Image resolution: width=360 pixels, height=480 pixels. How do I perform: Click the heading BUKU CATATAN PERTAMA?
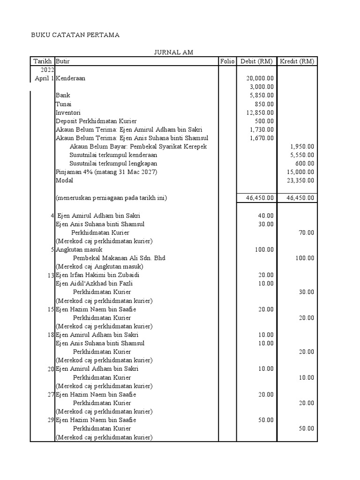point(75,35)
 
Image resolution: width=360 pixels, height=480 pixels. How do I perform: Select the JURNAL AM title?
point(174,52)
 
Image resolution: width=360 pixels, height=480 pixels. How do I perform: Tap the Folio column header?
point(227,61)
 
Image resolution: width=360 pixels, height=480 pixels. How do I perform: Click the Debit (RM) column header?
point(256,61)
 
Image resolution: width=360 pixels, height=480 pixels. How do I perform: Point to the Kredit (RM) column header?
point(297,61)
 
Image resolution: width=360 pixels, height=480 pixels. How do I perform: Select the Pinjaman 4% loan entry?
point(106,172)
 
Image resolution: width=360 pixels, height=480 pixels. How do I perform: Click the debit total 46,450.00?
point(260,198)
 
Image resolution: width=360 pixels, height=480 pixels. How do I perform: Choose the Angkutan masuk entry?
point(79,250)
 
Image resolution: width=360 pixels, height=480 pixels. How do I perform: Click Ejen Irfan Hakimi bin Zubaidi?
point(97,275)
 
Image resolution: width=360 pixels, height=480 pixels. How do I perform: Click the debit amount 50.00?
point(266,420)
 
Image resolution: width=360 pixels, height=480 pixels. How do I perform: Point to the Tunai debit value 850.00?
point(266,104)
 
